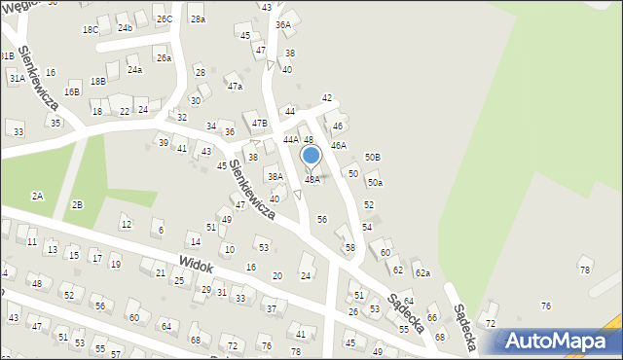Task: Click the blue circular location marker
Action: tap(311, 156)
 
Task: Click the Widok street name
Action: tap(196, 263)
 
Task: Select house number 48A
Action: tap(312, 180)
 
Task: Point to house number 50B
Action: tap(372, 158)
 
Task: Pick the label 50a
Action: tap(375, 183)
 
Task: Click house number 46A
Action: tap(338, 145)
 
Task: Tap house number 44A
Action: tap(291, 140)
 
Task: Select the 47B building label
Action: tap(259, 124)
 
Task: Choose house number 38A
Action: tap(276, 177)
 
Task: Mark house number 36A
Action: tap(283, 25)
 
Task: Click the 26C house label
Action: tap(165, 19)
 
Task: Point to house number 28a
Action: tap(198, 19)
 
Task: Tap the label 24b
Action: tap(125, 27)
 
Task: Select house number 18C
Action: tap(91, 30)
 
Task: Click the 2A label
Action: tap(37, 196)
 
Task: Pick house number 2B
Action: tap(77, 204)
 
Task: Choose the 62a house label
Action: tap(422, 273)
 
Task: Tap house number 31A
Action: tap(17, 78)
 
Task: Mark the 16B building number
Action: tap(72, 91)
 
